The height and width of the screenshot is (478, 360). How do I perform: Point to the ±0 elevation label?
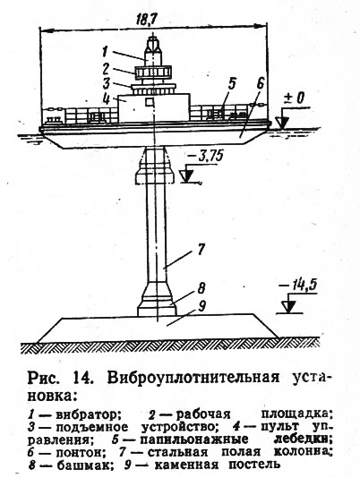click(x=295, y=98)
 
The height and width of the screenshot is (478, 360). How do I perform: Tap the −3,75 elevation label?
click(x=205, y=157)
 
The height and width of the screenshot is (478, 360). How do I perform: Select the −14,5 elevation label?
click(x=298, y=285)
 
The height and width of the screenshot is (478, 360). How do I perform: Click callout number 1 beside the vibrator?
click(x=106, y=52)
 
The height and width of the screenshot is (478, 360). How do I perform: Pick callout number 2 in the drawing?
click(x=106, y=69)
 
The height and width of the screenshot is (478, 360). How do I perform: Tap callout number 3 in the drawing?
click(x=106, y=83)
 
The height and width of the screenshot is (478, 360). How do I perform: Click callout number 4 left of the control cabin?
click(x=106, y=98)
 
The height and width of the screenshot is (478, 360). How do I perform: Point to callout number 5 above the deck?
click(x=233, y=84)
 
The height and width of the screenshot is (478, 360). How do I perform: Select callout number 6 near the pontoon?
click(x=261, y=84)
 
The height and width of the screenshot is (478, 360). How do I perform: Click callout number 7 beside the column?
click(x=201, y=249)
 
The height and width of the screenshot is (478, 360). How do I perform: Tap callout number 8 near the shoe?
click(x=201, y=287)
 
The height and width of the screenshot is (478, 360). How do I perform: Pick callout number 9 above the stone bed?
click(x=201, y=306)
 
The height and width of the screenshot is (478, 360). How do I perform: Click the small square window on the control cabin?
click(x=149, y=102)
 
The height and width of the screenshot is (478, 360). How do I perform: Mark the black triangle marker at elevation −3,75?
click(x=186, y=176)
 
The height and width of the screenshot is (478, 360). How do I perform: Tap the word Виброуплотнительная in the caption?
click(x=193, y=378)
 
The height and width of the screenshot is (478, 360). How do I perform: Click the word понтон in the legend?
click(x=81, y=452)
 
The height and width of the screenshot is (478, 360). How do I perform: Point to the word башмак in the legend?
click(x=81, y=465)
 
